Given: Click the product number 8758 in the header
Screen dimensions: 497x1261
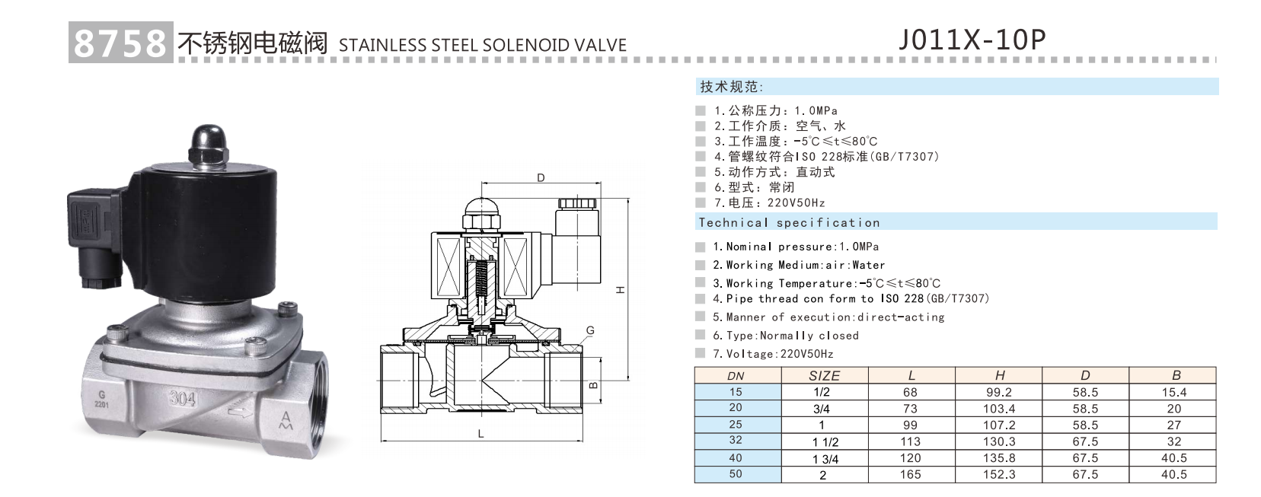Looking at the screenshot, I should (x=120, y=43).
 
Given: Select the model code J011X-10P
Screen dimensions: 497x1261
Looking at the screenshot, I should (x=972, y=39).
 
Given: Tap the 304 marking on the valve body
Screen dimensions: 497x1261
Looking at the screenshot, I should (x=182, y=398).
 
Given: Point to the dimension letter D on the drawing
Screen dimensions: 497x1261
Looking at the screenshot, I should (x=541, y=178).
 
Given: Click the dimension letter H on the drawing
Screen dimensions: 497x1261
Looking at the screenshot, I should (x=621, y=290).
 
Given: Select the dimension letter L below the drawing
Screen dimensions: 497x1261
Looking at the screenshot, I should (x=480, y=434).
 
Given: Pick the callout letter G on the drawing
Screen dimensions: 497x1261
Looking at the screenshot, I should (x=590, y=330).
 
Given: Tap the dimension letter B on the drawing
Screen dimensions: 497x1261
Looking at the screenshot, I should (x=595, y=385).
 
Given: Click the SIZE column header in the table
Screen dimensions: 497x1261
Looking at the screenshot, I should (x=824, y=375).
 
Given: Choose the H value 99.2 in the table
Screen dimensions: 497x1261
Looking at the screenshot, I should (x=998, y=392).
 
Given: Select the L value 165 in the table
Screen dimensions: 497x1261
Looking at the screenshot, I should (x=910, y=474).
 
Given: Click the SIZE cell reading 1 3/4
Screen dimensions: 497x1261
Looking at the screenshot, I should (x=825, y=458).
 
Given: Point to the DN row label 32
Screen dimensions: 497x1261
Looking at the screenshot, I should (x=735, y=440).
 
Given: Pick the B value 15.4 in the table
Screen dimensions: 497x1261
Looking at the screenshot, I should (x=1173, y=392).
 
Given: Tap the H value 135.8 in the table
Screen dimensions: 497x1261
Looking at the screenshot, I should (x=998, y=457).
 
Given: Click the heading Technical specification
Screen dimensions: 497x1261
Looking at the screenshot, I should (x=789, y=222).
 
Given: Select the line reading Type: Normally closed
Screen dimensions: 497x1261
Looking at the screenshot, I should (x=785, y=335).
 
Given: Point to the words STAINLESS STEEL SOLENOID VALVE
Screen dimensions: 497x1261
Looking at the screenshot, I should (x=482, y=45).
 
